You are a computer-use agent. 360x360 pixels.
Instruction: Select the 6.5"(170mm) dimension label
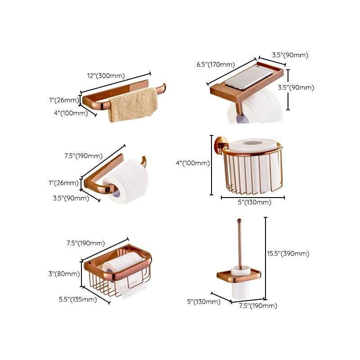click(x=216, y=64)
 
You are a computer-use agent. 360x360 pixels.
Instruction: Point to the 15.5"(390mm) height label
click(x=288, y=254)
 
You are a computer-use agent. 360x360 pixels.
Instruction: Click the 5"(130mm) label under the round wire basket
click(x=255, y=202)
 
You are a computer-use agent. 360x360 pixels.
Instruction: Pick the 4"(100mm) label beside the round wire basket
click(x=193, y=163)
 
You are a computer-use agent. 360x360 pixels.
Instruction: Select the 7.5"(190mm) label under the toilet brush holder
click(x=258, y=306)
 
